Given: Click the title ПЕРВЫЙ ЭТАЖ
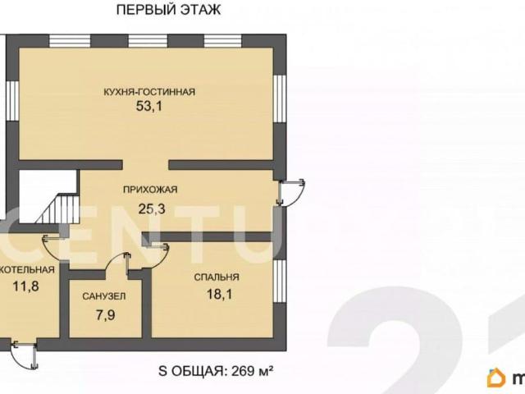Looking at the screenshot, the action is click(x=168, y=9).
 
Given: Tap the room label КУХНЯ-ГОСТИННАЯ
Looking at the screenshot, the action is click(x=149, y=92).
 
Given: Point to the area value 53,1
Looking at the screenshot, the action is click(x=149, y=106).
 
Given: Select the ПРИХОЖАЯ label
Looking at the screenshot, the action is click(x=150, y=190).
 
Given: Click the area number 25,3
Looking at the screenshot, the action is click(x=152, y=209).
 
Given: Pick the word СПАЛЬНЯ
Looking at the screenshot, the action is click(x=217, y=277).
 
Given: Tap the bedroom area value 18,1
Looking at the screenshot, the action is click(x=219, y=295).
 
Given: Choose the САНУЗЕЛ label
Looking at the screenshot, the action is click(x=104, y=296).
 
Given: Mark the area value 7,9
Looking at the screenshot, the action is click(x=106, y=315).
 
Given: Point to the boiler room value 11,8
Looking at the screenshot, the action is click(x=25, y=286).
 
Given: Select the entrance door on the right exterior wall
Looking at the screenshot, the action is click(x=291, y=192).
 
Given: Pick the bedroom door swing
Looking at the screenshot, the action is click(x=156, y=255).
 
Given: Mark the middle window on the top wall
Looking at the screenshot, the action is click(x=148, y=41).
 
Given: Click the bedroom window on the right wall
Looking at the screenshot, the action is click(x=280, y=281).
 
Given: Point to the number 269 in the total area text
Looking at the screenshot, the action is click(x=242, y=371).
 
